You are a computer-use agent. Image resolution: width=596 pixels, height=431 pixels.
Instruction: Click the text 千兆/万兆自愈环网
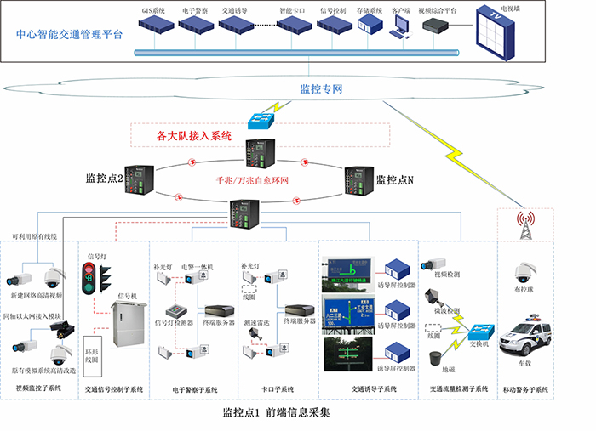pos(253,180)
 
